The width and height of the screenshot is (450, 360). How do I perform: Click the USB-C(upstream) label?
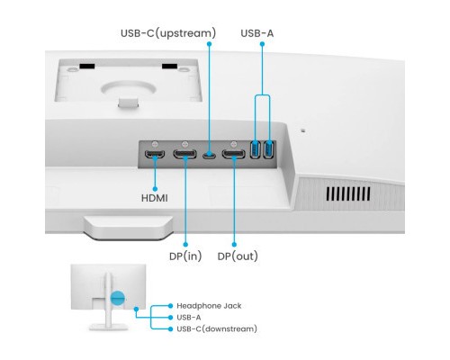click(x=168, y=34)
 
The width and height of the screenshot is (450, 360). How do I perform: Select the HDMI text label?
click(x=153, y=196)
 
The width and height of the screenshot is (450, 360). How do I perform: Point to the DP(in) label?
click(x=185, y=256)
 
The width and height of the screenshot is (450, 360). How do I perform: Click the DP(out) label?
click(x=238, y=256)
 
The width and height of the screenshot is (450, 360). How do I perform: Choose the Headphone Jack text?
click(x=209, y=306)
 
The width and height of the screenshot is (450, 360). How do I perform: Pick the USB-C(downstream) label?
click(x=221, y=328)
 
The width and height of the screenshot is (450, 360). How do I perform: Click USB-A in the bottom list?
click(x=190, y=317)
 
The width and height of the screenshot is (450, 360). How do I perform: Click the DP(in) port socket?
click(x=186, y=157)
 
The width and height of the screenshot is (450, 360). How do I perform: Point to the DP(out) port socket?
click(x=234, y=157)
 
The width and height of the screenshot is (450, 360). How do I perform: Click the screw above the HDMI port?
click(x=155, y=143)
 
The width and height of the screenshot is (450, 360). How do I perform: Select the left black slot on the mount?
click(x=87, y=67)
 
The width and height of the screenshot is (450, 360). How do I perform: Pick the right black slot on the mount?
click(x=168, y=67)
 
